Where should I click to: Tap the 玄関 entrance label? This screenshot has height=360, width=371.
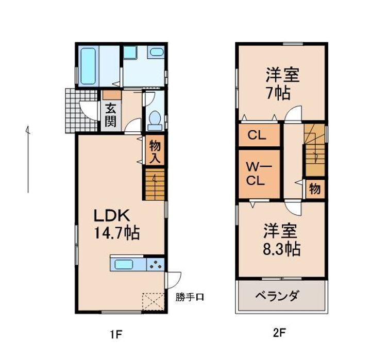(x=111, y=116)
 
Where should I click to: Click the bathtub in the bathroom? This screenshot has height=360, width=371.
(x=89, y=67)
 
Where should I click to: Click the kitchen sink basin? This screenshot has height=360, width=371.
(x=125, y=265)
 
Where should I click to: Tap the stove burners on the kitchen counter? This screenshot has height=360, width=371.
(x=156, y=265)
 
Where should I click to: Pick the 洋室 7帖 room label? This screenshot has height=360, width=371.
(x=281, y=84)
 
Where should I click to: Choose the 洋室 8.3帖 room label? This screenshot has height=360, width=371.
(x=281, y=240)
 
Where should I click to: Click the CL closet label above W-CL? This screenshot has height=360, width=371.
(x=256, y=136)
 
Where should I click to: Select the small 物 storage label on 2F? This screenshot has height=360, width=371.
(x=314, y=189)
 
